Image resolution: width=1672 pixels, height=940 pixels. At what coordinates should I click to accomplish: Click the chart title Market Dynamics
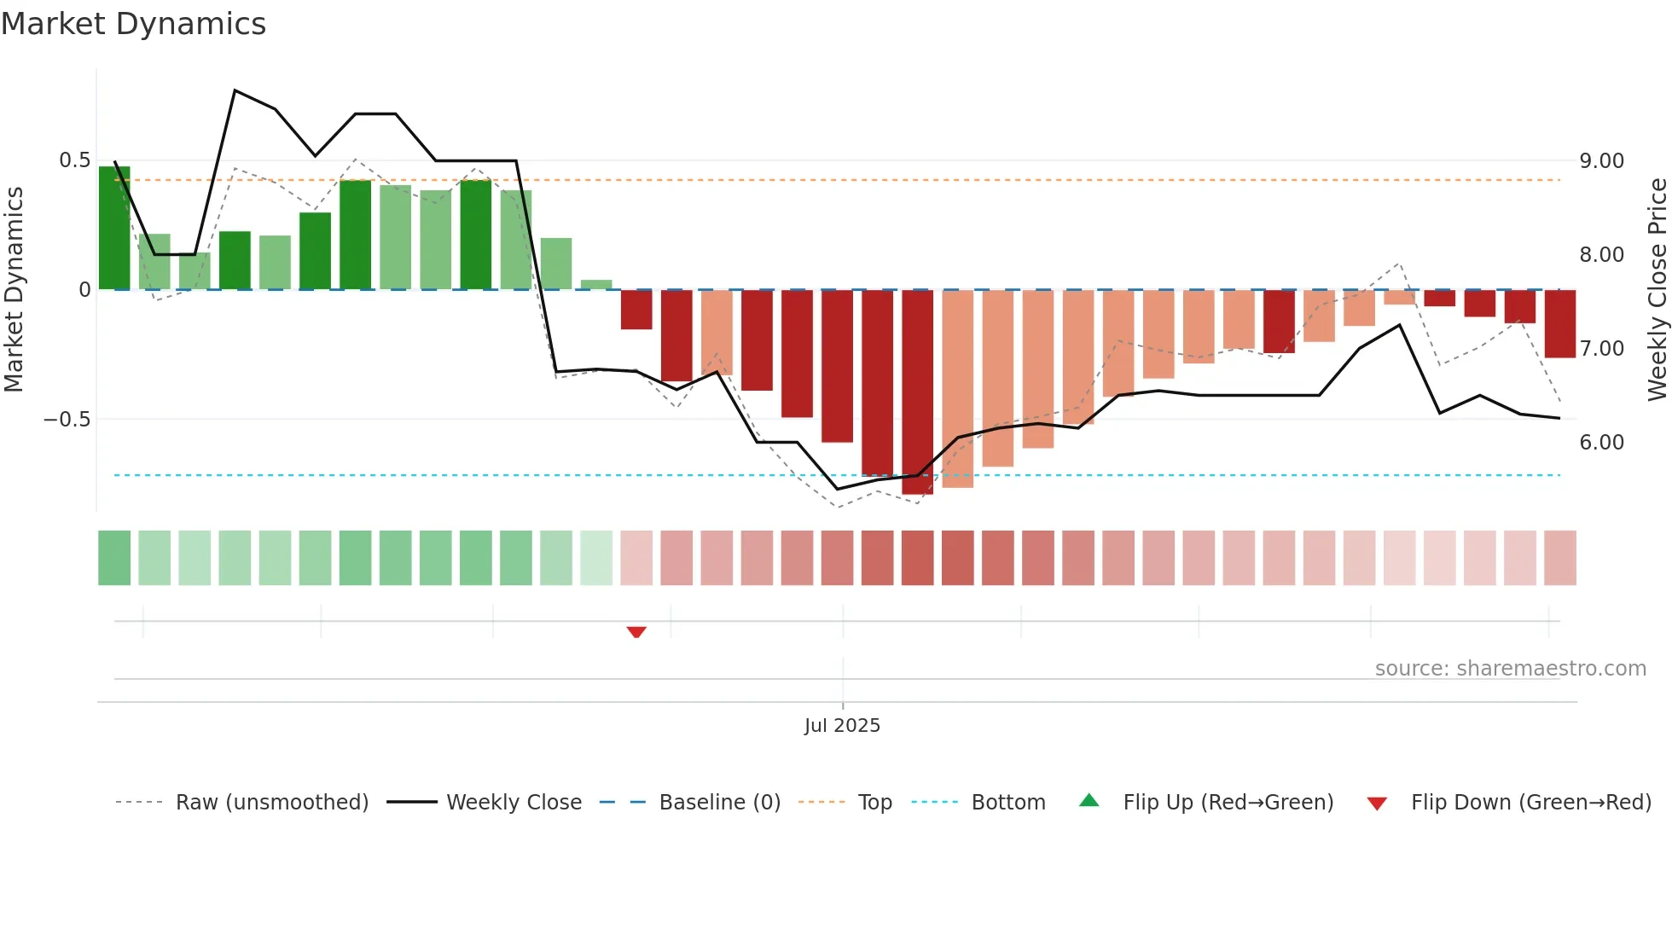(134, 24)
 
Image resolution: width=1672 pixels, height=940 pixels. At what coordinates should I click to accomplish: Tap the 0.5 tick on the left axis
(74, 160)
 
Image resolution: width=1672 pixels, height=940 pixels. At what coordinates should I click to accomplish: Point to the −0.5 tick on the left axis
(67, 419)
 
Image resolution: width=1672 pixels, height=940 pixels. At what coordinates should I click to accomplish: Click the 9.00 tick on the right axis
(1601, 161)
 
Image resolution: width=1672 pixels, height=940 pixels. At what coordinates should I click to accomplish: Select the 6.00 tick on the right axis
(1601, 442)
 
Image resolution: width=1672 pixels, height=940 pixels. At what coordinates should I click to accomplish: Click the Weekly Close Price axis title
(1657, 289)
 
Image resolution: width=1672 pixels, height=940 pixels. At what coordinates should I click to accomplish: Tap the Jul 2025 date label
(842, 725)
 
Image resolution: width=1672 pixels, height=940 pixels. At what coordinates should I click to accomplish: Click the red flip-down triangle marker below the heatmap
(636, 632)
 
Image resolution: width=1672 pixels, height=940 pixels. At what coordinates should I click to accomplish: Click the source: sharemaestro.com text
(1510, 669)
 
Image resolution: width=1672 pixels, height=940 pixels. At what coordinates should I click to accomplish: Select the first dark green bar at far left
(114, 229)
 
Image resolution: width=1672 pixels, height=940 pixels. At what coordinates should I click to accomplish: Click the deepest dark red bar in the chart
(918, 392)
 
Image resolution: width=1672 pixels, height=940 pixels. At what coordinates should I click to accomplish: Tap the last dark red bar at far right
(1559, 324)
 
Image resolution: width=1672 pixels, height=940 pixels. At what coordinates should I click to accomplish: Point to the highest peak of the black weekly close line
(235, 90)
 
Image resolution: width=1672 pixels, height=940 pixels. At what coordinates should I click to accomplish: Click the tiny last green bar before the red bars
(596, 285)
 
